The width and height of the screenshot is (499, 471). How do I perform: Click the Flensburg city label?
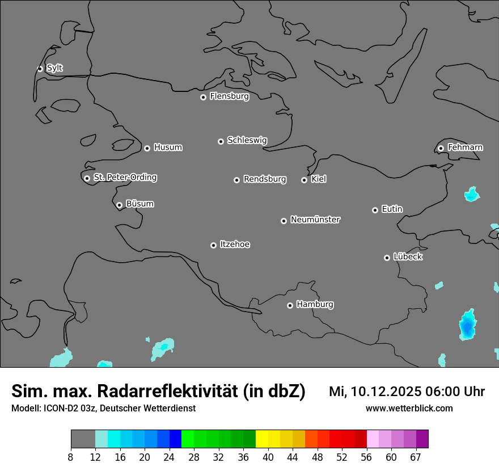(229, 96)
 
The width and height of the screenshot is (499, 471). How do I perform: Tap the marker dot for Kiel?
(304, 180)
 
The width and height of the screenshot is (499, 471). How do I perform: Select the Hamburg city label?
(315, 305)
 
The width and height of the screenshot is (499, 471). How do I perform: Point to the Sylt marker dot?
(40, 69)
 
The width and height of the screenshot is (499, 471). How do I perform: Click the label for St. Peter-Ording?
(125, 178)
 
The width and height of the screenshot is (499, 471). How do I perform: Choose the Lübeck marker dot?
(387, 258)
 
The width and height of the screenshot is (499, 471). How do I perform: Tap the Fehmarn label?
(465, 148)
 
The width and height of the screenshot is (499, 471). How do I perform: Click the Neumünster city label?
(315, 220)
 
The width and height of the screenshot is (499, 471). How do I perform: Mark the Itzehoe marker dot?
(213, 245)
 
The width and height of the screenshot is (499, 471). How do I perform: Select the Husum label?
(168, 148)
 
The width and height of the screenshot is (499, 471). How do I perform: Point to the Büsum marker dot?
(119, 205)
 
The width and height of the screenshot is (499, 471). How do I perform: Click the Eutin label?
(392, 209)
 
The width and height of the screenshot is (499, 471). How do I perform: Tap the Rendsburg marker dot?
(236, 180)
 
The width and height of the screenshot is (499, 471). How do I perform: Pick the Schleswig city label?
(247, 140)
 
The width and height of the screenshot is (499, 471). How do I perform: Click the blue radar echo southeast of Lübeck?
(467, 326)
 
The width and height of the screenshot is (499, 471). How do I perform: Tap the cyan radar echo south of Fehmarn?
(471, 195)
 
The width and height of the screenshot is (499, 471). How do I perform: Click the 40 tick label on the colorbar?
(268, 457)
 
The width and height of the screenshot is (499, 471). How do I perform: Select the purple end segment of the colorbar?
(422, 439)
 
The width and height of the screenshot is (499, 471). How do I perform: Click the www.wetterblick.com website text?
(409, 409)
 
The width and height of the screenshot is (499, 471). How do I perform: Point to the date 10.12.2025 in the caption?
(386, 392)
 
